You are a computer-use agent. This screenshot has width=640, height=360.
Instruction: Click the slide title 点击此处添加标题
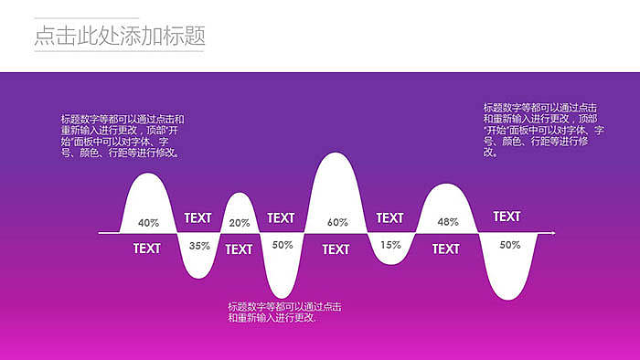tap(119, 36)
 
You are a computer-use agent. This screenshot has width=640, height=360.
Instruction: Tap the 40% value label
tap(148, 223)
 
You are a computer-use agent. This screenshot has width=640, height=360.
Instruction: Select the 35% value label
tap(199, 246)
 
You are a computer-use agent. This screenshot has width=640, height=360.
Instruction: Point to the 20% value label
tap(240, 223)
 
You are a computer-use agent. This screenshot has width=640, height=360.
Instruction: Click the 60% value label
tap(337, 223)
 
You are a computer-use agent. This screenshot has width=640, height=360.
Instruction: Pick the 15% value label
tap(390, 245)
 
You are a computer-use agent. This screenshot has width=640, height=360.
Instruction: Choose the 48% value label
tap(447, 222)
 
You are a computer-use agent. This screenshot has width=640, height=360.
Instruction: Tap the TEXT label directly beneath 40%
tap(146, 249)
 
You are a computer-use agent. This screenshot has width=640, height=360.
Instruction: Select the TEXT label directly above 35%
tap(197, 218)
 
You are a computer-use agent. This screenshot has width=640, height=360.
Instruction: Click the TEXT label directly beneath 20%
tap(239, 249)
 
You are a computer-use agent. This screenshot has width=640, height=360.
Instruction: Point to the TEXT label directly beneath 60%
tap(336, 249)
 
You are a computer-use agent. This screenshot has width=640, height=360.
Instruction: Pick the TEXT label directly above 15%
tap(389, 218)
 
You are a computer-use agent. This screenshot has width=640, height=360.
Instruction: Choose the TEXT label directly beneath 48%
tap(445, 249)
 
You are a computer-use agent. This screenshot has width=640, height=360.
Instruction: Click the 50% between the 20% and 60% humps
tap(283, 245)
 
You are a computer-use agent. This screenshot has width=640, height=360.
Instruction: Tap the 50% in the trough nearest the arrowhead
tap(509, 245)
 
